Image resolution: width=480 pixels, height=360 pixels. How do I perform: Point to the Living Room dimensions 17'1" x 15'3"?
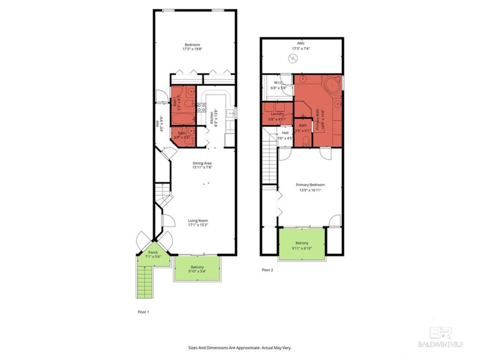pyautogui.click(x=199, y=225)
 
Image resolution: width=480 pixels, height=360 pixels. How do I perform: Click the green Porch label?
pyautogui.click(x=153, y=252)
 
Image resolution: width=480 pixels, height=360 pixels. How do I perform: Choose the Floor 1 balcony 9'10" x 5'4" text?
pyautogui.click(x=197, y=271)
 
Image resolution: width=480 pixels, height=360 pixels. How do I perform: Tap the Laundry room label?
pyautogui.click(x=277, y=114)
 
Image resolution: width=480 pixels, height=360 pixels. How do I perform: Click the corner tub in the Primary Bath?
pyautogui.click(x=330, y=85)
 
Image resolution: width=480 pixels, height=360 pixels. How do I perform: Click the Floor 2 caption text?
pyautogui.click(x=267, y=270)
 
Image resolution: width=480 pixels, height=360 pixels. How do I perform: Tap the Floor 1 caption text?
pyautogui.click(x=143, y=312)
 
